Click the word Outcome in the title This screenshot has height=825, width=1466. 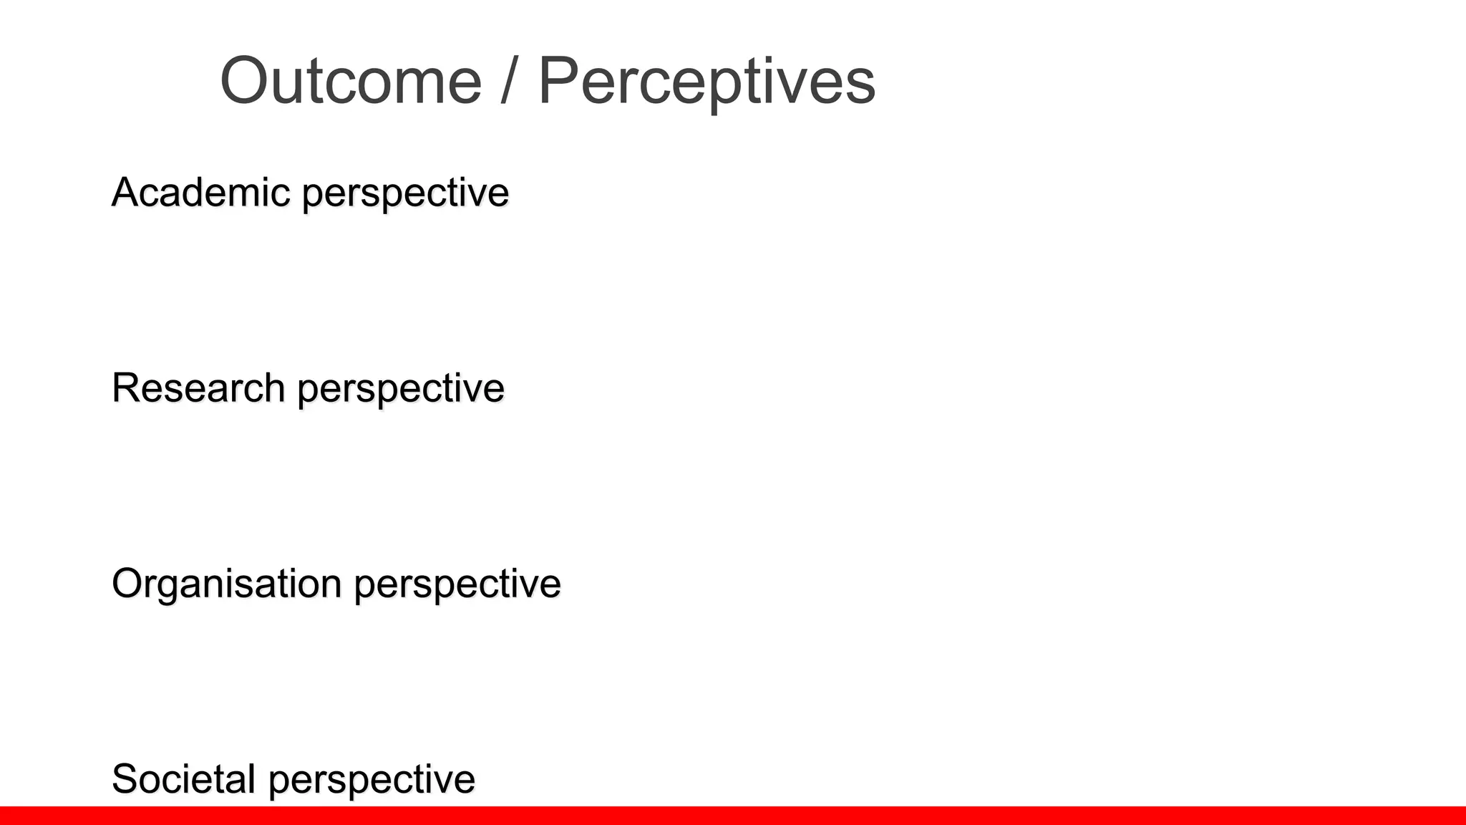click(x=351, y=81)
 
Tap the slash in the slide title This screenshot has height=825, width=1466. click(x=509, y=81)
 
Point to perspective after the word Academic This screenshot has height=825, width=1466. click(x=405, y=195)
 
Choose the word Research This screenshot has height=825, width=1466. click(x=198, y=388)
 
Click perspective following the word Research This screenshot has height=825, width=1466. click(x=401, y=390)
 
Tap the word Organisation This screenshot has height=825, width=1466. click(x=226, y=584)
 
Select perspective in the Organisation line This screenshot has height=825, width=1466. click(x=457, y=586)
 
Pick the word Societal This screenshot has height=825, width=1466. click(x=183, y=779)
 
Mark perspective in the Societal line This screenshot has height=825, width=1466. click(x=372, y=781)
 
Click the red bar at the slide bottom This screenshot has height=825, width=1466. click(x=733, y=816)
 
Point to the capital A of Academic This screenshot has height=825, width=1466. click(x=126, y=193)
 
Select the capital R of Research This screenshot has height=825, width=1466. click(x=127, y=388)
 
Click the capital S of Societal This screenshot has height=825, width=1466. click(x=126, y=779)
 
